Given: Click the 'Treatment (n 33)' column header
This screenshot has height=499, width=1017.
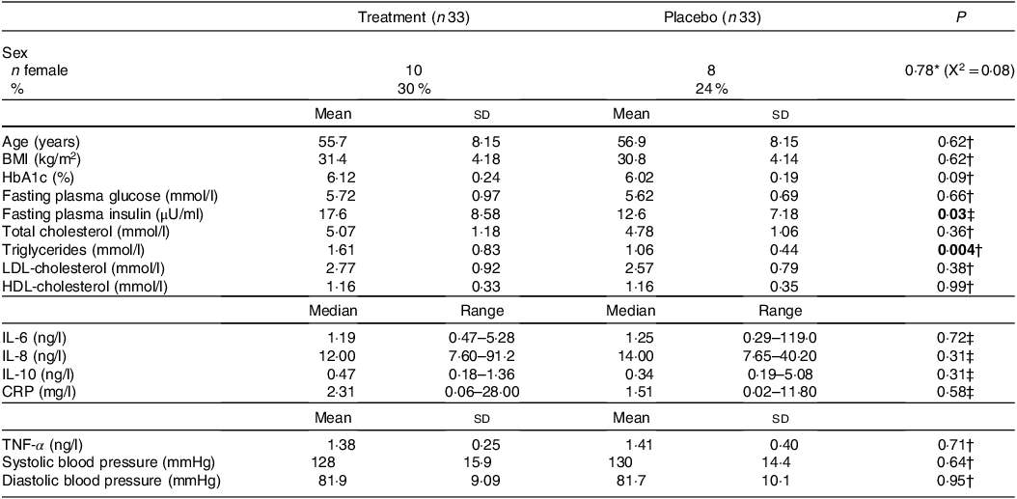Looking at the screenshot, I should point(414,18).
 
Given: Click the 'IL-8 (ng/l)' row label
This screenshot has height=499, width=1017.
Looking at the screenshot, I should point(34,355).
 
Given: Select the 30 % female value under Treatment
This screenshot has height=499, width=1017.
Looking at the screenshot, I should point(414,88).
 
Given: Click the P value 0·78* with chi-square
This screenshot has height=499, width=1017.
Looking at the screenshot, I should point(953,70).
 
